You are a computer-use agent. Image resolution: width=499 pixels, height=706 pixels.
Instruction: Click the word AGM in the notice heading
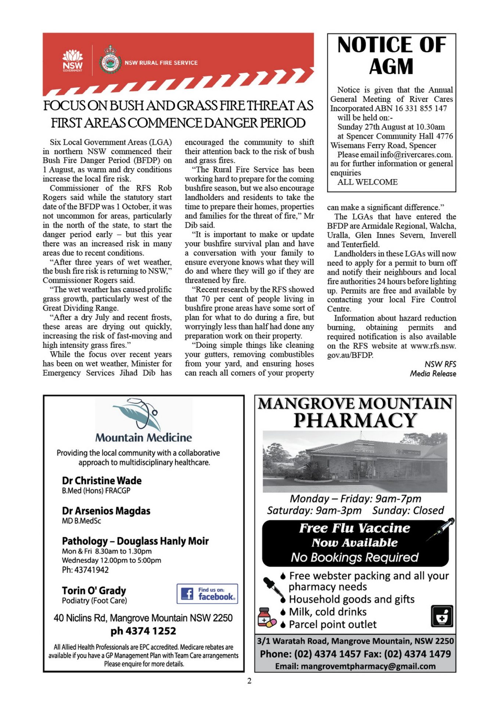tap(391, 67)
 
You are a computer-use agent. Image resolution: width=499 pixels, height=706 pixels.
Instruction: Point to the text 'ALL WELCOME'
tap(367, 182)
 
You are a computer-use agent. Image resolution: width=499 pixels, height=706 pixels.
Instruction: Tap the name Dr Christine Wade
tap(102, 481)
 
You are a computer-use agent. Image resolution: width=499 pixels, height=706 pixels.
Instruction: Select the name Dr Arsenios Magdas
tap(106, 511)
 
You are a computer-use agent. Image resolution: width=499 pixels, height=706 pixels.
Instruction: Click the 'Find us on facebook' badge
tap(207, 594)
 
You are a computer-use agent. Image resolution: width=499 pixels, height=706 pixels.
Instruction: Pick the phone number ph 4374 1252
tap(143, 631)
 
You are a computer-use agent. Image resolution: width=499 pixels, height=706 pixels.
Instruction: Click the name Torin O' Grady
tap(94, 591)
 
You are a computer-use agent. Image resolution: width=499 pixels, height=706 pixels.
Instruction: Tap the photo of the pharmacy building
tap(355, 461)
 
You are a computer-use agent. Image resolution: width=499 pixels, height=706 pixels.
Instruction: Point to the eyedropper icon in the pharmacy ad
tap(273, 587)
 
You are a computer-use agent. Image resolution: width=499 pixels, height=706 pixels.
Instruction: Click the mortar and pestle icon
tap(442, 616)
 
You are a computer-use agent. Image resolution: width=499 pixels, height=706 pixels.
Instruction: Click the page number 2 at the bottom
tap(250, 681)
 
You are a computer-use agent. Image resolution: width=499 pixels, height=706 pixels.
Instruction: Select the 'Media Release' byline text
tap(433, 374)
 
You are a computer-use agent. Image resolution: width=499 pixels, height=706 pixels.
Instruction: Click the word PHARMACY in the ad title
tap(355, 420)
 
